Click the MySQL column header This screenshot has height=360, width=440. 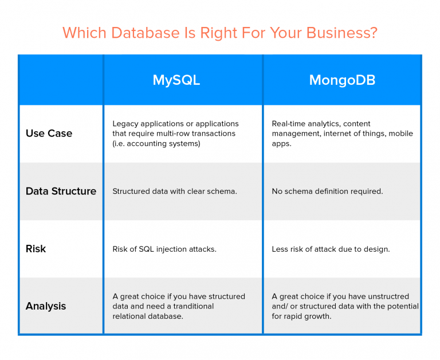[176, 80]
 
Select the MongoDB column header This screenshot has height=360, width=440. [342, 80]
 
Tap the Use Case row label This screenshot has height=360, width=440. [49, 134]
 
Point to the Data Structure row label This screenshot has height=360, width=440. [61, 191]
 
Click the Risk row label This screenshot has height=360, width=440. [36, 249]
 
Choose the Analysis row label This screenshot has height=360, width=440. [46, 306]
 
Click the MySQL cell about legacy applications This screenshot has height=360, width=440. [175, 134]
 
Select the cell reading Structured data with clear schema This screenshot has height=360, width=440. [174, 191]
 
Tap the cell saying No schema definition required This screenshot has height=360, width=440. [327, 191]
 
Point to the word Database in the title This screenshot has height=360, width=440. [146, 33]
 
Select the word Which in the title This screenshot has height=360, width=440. [80, 33]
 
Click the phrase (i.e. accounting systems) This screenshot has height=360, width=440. [156, 143]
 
